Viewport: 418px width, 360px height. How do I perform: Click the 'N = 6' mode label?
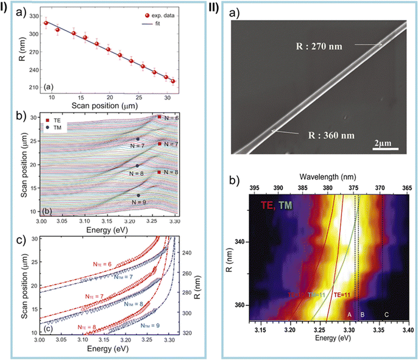[171, 117]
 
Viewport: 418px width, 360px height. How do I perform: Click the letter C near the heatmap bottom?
[386, 314]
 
